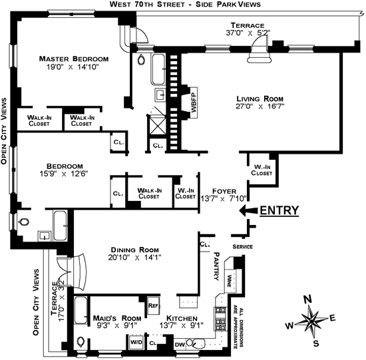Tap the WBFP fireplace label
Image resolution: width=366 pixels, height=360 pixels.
194,102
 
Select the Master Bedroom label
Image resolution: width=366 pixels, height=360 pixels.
73,59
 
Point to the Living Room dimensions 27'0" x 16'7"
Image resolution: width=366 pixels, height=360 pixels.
260,106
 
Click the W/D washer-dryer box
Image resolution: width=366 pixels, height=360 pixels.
136,342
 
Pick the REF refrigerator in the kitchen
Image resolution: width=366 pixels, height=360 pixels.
154,305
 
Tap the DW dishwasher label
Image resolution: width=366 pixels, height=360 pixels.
180,345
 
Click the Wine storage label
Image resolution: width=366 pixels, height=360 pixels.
229,281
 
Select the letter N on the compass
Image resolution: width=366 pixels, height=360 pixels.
307,299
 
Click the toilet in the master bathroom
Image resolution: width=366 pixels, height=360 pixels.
141,60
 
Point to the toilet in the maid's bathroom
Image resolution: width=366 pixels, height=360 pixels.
81,342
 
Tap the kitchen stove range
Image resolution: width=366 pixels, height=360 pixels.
220,319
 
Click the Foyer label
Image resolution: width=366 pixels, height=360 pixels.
224,191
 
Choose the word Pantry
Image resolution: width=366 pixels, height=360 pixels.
216,266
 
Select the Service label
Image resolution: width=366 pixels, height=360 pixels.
242,247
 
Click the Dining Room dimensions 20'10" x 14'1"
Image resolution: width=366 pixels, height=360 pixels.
134,258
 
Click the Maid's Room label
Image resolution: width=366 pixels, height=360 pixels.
117,318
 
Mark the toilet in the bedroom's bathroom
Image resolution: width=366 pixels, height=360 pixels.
23,222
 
